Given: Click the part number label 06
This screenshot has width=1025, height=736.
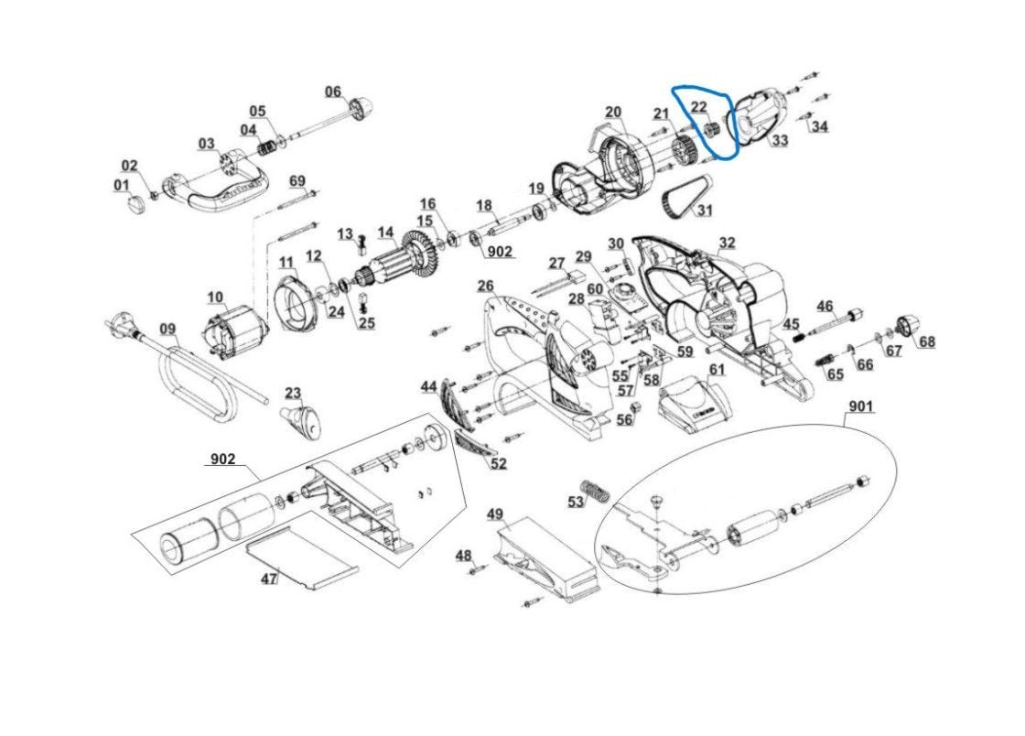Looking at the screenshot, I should pyautogui.click(x=333, y=92).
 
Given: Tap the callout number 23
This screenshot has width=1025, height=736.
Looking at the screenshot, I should pyautogui.click(x=292, y=394).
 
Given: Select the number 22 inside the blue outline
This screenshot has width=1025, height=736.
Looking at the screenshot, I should pyautogui.click(x=698, y=107).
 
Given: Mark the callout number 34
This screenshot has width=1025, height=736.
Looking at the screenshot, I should pyautogui.click(x=819, y=126).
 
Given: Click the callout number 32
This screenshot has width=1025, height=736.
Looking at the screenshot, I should pyautogui.click(x=727, y=243).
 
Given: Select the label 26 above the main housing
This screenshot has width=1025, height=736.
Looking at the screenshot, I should pyautogui.click(x=485, y=286).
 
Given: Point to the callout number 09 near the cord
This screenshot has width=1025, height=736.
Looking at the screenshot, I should pyautogui.click(x=167, y=329).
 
